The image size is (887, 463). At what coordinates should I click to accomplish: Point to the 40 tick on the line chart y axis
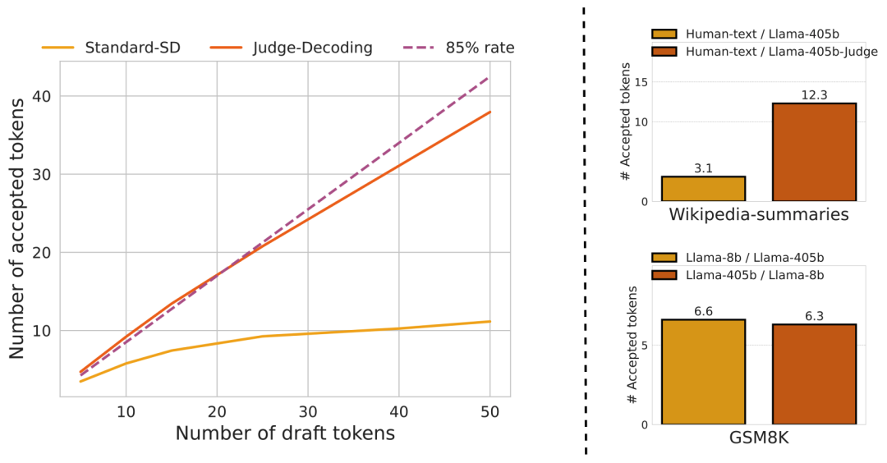click(41, 96)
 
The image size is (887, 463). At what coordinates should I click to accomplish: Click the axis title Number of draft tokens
click(285, 433)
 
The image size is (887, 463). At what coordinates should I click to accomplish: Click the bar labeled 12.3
click(814, 152)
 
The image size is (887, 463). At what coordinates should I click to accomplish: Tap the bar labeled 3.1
click(703, 189)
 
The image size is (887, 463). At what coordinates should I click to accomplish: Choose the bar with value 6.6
click(703, 372)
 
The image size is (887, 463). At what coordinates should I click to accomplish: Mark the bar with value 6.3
click(814, 374)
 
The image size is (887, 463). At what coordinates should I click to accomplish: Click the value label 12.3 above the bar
click(814, 95)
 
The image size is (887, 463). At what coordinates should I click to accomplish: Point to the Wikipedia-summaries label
click(758, 215)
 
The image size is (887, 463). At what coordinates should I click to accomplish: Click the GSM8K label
click(758, 439)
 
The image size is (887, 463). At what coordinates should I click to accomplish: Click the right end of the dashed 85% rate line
click(490, 76)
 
